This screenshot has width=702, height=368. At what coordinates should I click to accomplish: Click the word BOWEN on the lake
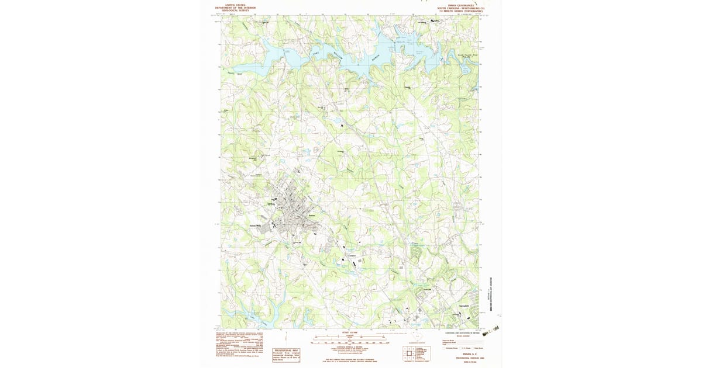click(376, 58)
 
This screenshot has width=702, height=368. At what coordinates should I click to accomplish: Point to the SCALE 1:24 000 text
click(349, 332)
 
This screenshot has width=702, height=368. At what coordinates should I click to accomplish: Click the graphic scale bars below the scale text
click(349, 338)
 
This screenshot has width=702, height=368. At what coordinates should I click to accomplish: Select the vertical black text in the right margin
click(489, 292)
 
